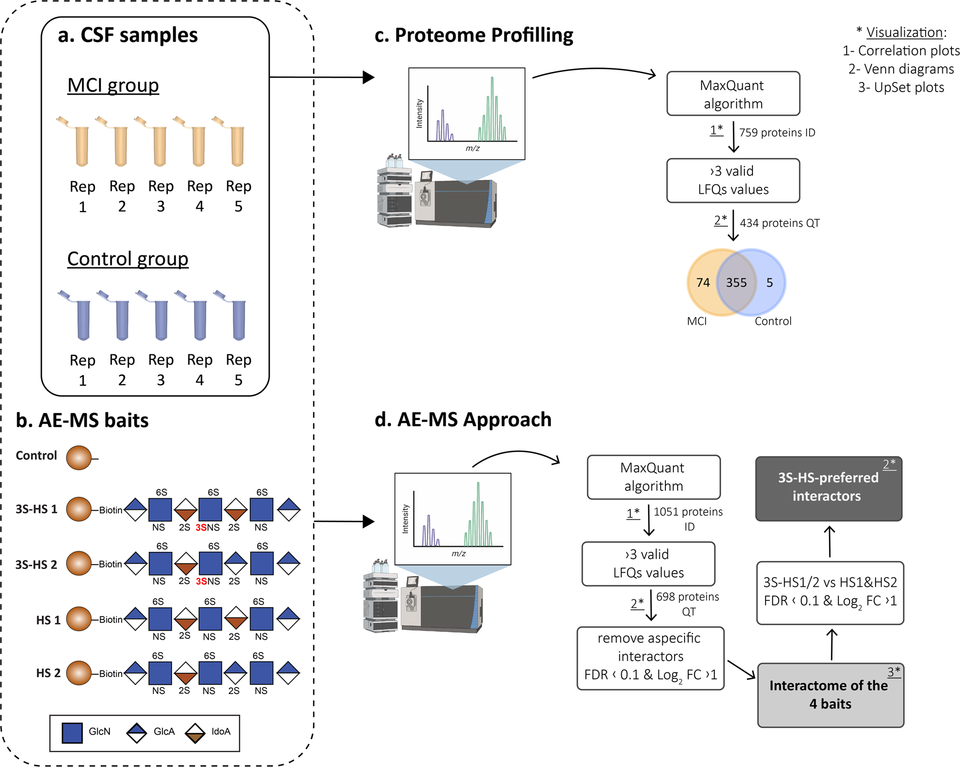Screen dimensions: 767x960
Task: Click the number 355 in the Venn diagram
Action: click(736, 282)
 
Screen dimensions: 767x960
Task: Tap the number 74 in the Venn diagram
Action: click(703, 282)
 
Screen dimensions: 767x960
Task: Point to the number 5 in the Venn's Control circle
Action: click(770, 282)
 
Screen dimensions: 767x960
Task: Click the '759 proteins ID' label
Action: click(777, 133)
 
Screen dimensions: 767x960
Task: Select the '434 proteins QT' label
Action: click(780, 223)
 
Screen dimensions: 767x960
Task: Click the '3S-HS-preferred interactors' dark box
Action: click(828, 488)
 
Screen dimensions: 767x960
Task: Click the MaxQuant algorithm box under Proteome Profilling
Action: click(733, 94)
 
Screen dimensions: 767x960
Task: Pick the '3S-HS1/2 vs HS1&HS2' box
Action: click(830, 592)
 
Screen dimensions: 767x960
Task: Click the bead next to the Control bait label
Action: click(79, 458)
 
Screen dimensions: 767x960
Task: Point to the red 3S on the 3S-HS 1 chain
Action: click(201, 528)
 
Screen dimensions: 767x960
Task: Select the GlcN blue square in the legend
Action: click(72, 733)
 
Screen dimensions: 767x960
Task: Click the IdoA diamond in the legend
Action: click(195, 733)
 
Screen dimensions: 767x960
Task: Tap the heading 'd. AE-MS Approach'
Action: click(463, 420)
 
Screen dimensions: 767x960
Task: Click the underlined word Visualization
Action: click(904, 32)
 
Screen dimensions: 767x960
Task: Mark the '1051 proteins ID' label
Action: click(688, 519)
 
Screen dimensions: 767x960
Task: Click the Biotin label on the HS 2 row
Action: click(111, 674)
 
